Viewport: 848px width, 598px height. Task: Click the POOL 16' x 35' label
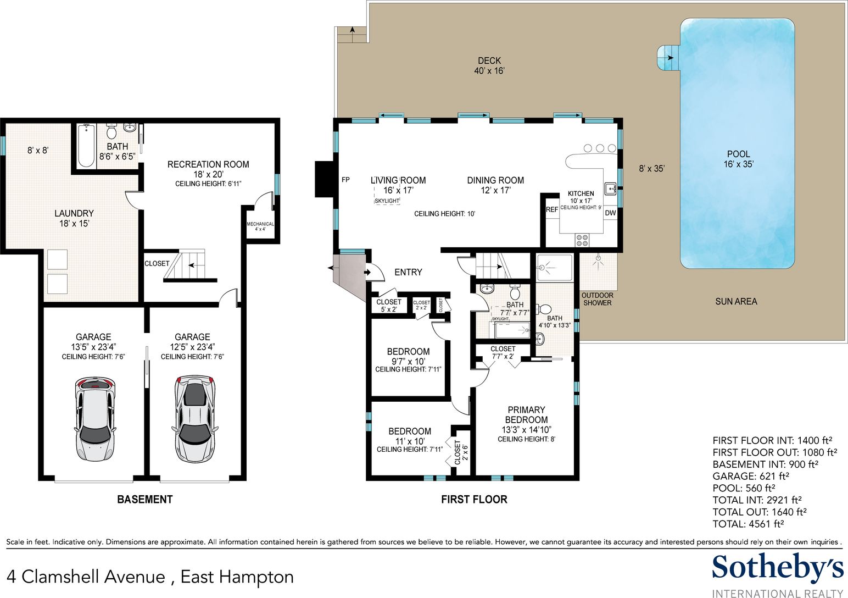[738, 159]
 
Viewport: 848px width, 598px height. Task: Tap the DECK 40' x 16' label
[489, 65]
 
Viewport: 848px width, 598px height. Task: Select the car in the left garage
[94, 419]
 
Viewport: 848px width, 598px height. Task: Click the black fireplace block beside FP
[324, 179]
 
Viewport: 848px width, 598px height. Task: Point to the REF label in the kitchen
[552, 209]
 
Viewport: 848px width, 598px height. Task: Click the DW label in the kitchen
[610, 213]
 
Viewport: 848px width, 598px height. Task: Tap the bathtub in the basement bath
[86, 146]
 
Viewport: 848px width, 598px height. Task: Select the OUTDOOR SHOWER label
[598, 299]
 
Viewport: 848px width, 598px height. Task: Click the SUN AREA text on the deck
[736, 302]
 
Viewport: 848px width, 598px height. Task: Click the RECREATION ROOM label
[208, 164]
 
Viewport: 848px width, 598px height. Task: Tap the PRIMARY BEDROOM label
[526, 414]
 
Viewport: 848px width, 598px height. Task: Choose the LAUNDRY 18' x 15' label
[74, 218]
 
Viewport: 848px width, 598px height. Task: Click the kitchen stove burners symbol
[582, 240]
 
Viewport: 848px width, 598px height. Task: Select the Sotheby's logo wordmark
[778, 567]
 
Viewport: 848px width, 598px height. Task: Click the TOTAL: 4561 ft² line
[748, 524]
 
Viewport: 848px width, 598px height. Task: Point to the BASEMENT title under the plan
[145, 500]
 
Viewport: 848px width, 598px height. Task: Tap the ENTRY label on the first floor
[408, 272]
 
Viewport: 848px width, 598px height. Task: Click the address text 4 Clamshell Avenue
[86, 577]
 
